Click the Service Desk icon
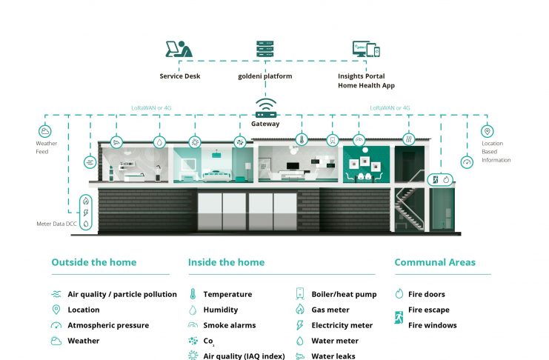[179, 50]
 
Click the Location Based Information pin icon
[487, 131]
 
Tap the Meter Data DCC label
[56, 223]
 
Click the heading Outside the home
[94, 262]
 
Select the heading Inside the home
[226, 262]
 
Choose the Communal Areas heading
[435, 262]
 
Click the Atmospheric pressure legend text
[108, 325]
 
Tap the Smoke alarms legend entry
[229, 325]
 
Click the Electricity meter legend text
[341, 325]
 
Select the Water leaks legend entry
[333, 356]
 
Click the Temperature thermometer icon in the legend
[193, 294]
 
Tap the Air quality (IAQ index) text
[244, 356]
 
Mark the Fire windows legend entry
[432, 325]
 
